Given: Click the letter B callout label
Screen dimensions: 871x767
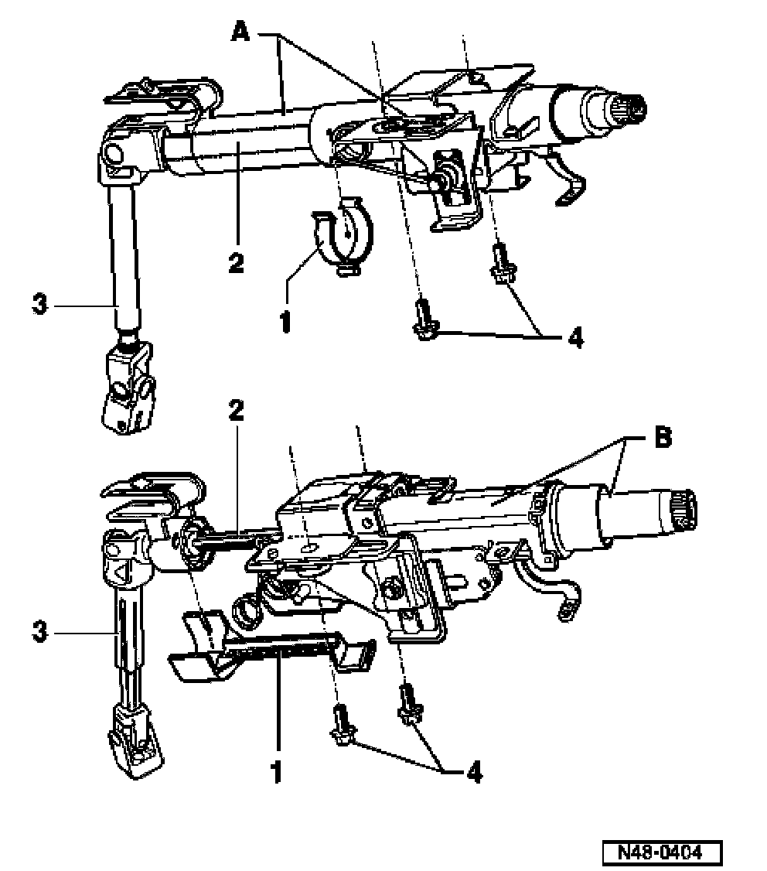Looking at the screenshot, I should pyautogui.click(x=662, y=438).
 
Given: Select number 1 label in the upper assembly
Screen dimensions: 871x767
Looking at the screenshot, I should pyautogui.click(x=286, y=320).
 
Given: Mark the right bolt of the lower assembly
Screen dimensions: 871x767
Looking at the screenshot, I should pyautogui.click(x=408, y=703).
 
